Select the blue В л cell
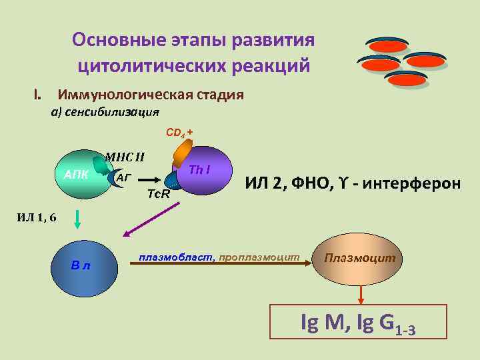pos(81,265)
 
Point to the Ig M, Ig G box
pos(358,322)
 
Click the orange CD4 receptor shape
pos(181,155)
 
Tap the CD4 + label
pos(179,132)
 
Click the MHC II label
pos(125,158)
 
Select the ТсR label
pos(158,195)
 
